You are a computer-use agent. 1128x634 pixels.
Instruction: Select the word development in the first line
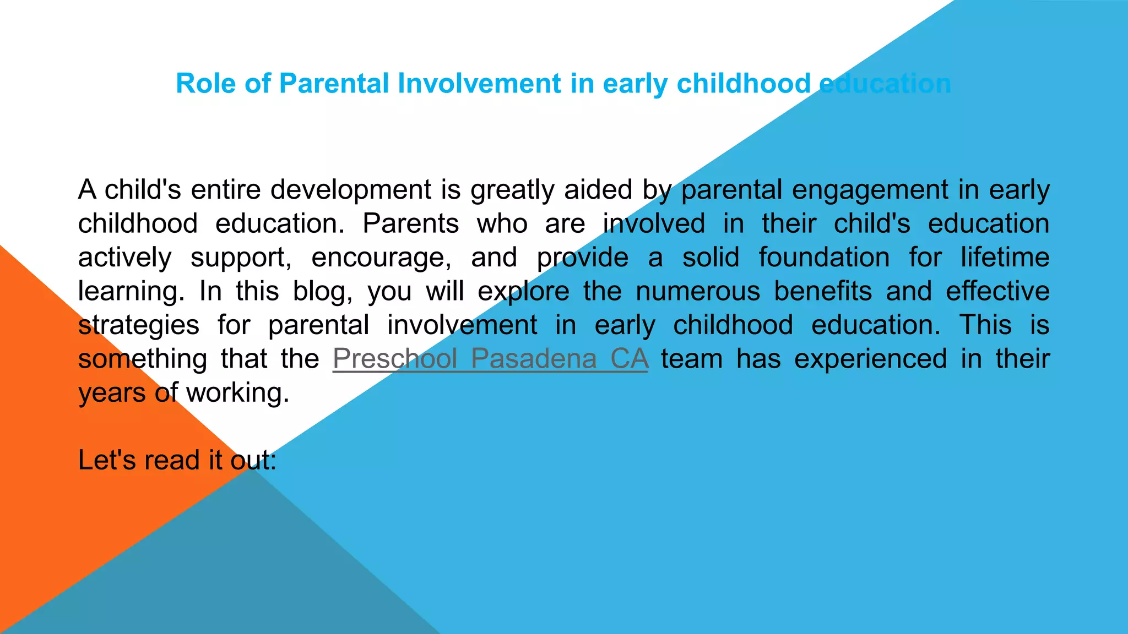pyautogui.click(x=350, y=190)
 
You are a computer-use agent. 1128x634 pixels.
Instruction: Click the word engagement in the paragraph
pyautogui.click(x=870, y=190)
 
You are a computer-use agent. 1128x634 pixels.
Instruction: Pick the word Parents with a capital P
pyautogui.click(x=410, y=224)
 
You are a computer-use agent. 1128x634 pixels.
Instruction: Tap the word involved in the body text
pyautogui.click(x=654, y=224)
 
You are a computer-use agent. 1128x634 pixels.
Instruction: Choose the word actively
pyautogui.click(x=124, y=258)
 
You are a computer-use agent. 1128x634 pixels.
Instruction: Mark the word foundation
pyautogui.click(x=824, y=258)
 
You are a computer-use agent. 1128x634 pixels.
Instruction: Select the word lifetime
pyautogui.click(x=1005, y=258)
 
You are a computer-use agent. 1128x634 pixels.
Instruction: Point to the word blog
pyautogui.click(x=322, y=292)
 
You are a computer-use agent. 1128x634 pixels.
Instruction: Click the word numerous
pyautogui.click(x=698, y=292)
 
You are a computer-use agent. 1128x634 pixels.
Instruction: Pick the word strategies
pyautogui.click(x=138, y=325)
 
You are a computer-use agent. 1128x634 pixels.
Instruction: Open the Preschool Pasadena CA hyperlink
pyautogui.click(x=490, y=359)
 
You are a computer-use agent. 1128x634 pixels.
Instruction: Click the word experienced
pyautogui.click(x=870, y=359)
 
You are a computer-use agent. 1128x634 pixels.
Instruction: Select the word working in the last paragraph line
pyautogui.click(x=237, y=393)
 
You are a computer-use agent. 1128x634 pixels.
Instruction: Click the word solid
pyautogui.click(x=711, y=258)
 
